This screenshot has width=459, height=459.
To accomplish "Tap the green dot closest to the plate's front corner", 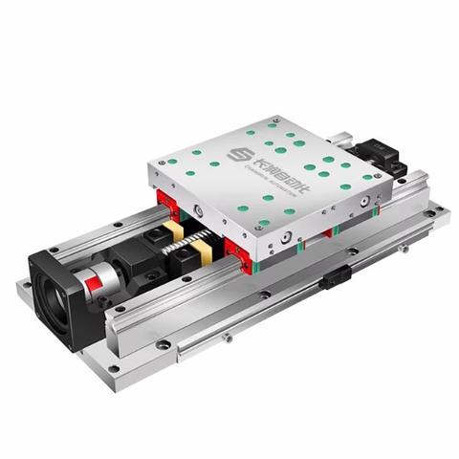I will coord(263,223).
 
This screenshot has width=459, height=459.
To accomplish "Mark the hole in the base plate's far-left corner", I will coord(25,283).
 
